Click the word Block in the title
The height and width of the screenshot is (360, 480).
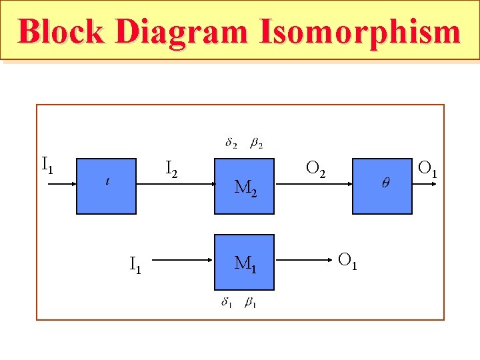click(61, 31)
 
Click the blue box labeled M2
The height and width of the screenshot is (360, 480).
click(244, 186)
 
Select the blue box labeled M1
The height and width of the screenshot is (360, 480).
click(244, 262)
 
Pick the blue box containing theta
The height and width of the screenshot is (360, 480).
click(382, 186)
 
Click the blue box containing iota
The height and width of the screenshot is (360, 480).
click(107, 186)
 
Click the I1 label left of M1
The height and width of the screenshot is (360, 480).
click(135, 265)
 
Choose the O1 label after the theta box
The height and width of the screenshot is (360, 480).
click(427, 169)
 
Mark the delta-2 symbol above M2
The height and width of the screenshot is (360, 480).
click(231, 143)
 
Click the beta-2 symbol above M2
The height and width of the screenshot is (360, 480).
click(256, 143)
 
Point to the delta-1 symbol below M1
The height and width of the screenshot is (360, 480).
click(227, 303)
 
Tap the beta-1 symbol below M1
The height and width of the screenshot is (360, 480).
click(251, 303)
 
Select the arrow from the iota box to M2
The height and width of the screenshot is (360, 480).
click(175, 186)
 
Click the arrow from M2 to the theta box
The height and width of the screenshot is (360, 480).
click(313, 186)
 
